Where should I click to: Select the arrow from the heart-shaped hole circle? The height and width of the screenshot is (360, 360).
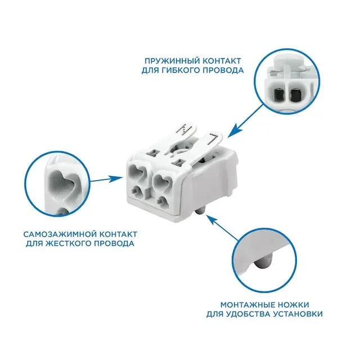106,179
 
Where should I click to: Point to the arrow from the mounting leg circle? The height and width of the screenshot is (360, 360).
223,227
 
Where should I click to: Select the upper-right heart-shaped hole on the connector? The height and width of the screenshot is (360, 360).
162,180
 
